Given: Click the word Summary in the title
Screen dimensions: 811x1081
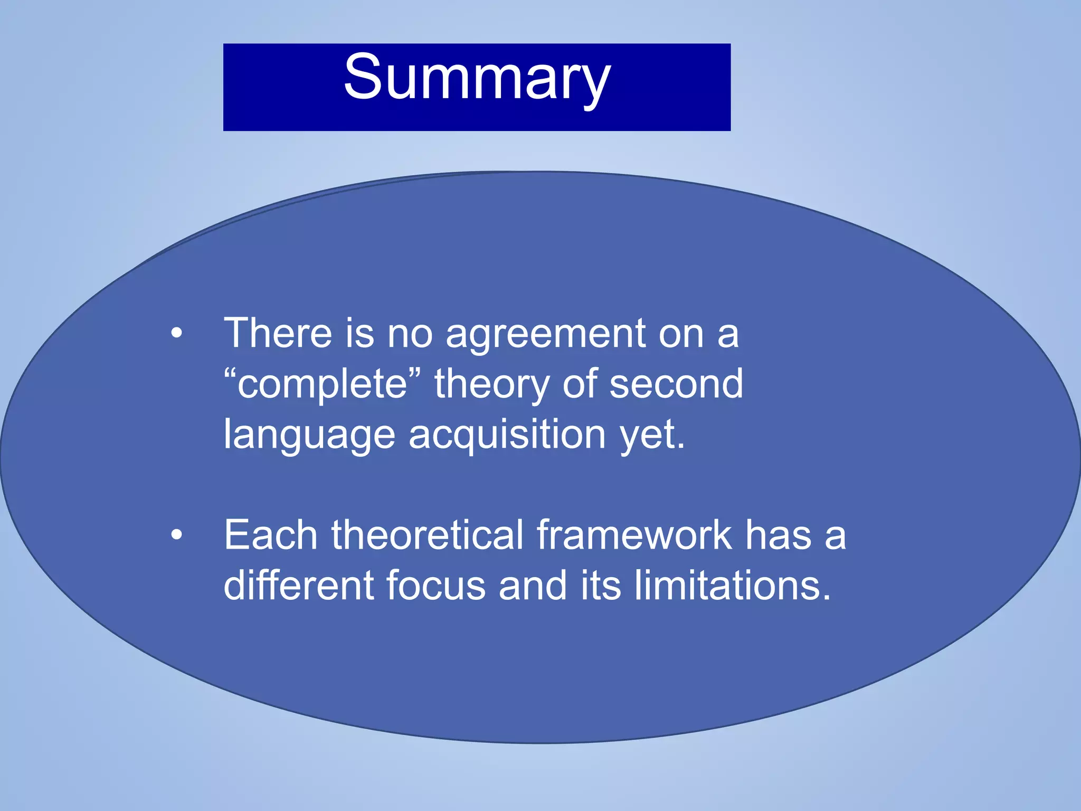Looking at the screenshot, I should point(477,78).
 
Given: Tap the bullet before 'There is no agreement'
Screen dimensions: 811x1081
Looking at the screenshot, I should point(177,334).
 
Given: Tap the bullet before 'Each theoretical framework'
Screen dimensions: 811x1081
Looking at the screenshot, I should point(177,535).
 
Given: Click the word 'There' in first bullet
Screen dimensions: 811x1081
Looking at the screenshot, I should point(278,333).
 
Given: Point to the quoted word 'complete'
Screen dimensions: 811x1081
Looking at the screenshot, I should point(323,384).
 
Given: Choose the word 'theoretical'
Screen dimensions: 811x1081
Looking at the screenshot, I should point(427,535).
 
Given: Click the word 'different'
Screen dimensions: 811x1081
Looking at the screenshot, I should point(298,585).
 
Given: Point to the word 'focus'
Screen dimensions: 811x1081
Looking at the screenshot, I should point(435,585).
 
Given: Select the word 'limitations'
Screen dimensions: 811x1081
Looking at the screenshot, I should point(731,585).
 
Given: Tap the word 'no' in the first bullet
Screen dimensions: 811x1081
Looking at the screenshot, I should point(410,334).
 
